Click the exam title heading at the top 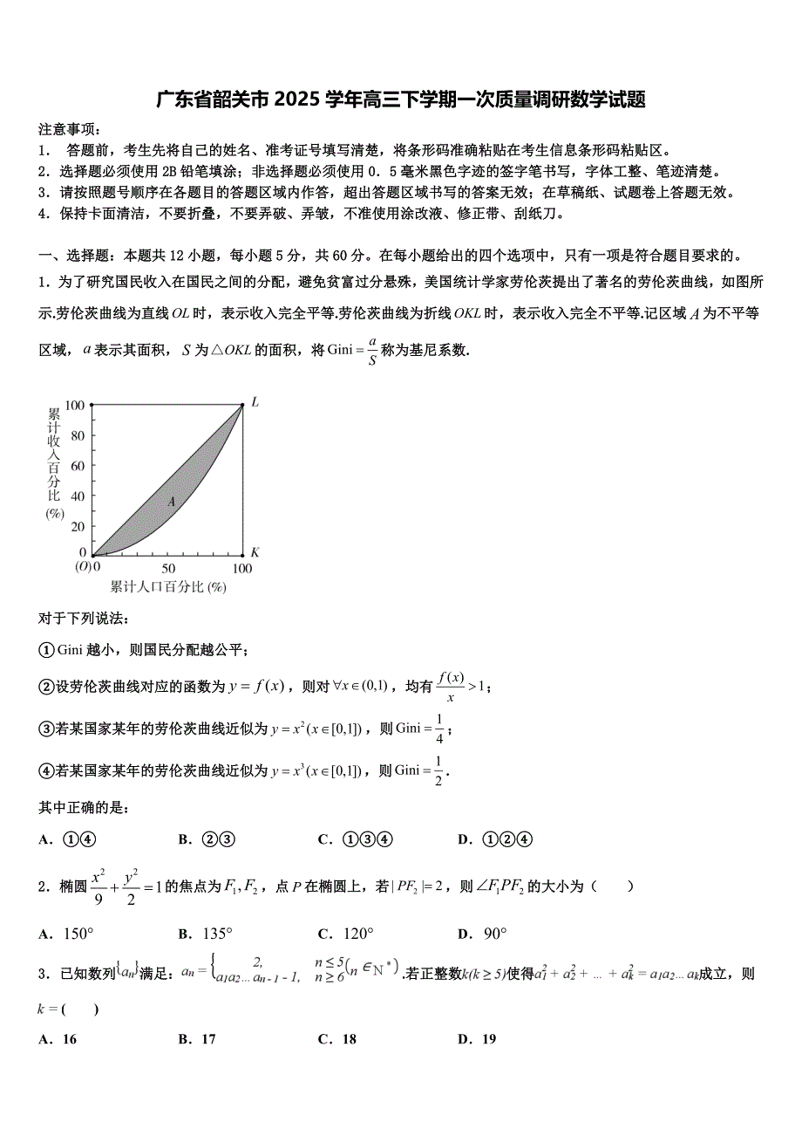[401, 99]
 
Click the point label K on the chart [255, 552]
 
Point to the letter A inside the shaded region [172, 502]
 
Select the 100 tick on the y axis [75, 405]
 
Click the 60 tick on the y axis [78, 465]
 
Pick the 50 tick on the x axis [168, 568]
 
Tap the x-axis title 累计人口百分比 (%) [167, 586]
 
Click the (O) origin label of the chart [83, 567]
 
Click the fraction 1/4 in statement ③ [439, 729]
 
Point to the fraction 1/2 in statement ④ [438, 770]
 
